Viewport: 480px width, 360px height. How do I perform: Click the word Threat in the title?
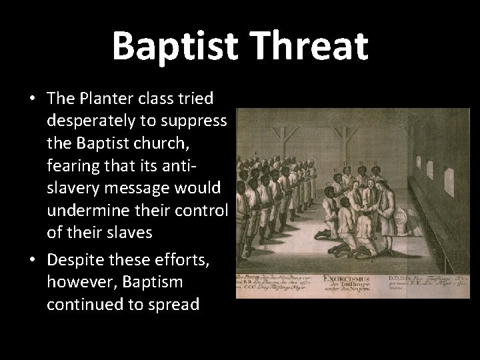314,45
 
